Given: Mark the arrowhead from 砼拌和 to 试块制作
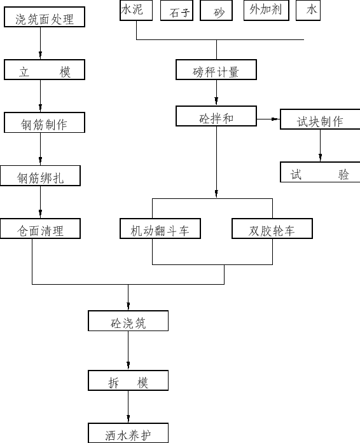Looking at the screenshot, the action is tap(275, 119).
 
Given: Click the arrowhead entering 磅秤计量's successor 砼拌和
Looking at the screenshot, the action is tap(216, 101).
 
